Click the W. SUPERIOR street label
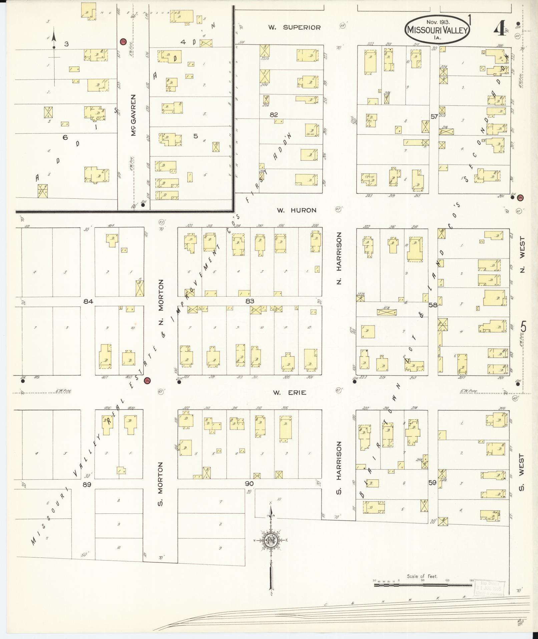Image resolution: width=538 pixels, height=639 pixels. pos(295,28)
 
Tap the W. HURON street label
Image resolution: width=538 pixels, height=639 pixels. pos(297,210)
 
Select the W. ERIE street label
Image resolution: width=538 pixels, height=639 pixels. pos(290,393)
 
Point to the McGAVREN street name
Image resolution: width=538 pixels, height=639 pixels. pos(133,115)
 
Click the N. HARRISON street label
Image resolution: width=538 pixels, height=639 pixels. pos(339,259)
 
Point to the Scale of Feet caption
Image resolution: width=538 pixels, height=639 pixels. pos(422,576)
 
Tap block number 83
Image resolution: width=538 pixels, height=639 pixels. pos(250,301)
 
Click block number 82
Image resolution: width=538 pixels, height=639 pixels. pos(274,115)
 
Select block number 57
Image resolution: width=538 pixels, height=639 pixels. pos(434,117)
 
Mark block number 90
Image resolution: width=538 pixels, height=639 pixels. pos(249,484)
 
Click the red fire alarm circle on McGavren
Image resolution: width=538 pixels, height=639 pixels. pos(123,42)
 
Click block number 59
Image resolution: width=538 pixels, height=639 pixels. pos(433,483)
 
